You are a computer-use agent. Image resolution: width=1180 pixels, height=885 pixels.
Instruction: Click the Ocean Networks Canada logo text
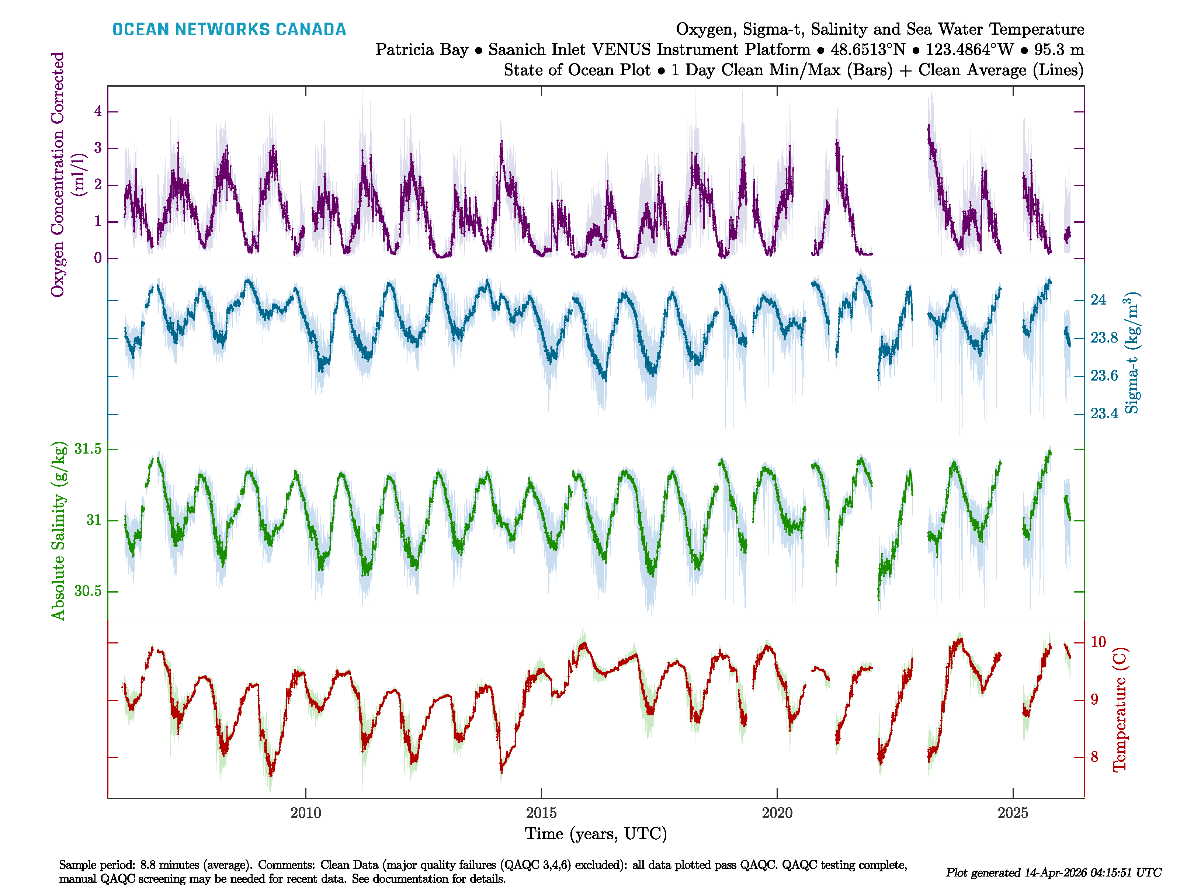pos(229,29)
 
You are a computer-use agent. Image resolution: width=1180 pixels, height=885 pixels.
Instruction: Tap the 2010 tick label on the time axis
pos(306,813)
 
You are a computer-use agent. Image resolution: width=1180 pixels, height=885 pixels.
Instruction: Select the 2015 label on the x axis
pos(541,813)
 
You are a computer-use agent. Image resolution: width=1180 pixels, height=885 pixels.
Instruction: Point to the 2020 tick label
pos(777,813)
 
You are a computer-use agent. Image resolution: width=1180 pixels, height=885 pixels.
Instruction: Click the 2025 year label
pos(1013,813)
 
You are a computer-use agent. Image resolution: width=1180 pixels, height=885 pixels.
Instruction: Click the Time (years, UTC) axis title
pos(596,834)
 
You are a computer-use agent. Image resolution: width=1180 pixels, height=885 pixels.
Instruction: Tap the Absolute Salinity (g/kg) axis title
pos(59,531)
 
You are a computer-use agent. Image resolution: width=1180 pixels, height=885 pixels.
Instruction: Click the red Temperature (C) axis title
pos(1120,709)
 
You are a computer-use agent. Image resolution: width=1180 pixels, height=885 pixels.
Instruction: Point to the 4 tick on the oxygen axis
pos(98,111)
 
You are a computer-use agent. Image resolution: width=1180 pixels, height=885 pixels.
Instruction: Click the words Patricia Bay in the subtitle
pos(421,50)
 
